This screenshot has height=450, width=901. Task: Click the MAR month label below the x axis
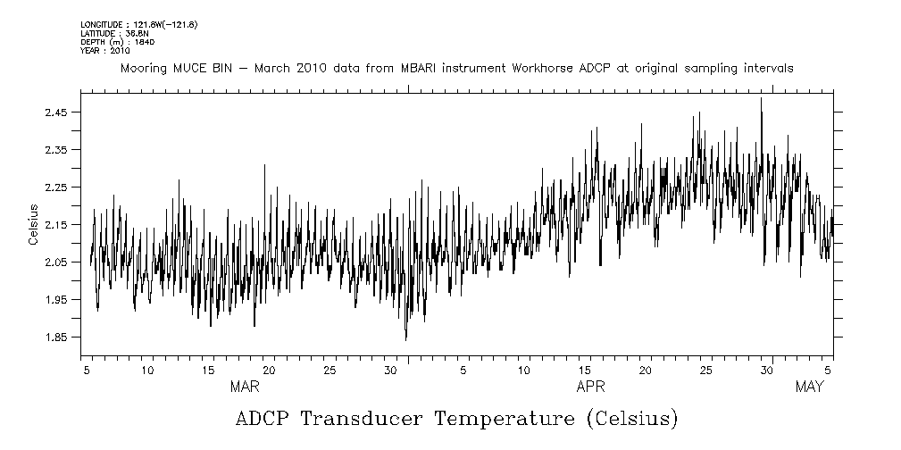coord(245,387)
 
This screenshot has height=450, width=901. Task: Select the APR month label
coord(590,387)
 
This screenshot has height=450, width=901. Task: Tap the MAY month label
coord(809,387)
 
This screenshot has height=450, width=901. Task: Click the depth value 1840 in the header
coord(145,41)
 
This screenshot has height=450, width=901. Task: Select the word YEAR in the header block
coord(90,50)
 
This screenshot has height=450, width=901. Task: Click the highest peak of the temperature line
coord(761,98)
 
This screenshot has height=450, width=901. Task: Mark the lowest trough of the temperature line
coord(405,340)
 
